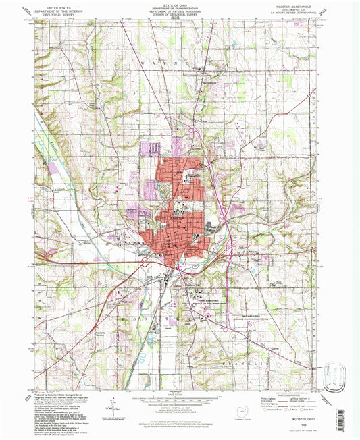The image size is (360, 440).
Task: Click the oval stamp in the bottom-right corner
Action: tap(335, 373)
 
